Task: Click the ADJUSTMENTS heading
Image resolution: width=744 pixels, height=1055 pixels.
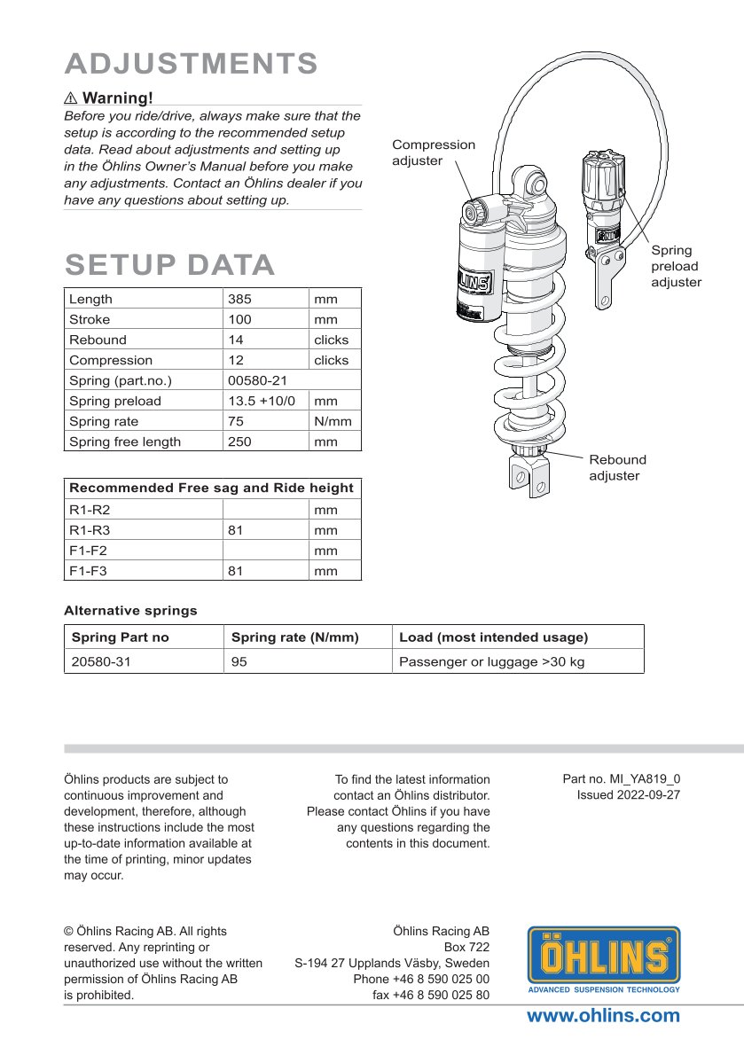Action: pos(191,64)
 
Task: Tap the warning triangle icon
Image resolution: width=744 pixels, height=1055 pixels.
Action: pos(72,98)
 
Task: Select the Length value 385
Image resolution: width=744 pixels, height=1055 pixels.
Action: pos(239,300)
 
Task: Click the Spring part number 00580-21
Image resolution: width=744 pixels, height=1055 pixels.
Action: pos(256,381)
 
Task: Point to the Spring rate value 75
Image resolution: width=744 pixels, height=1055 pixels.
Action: pos(236,422)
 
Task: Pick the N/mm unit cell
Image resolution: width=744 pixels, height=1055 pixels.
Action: pos(333,422)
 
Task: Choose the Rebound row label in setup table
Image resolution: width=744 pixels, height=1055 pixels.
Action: pos(98,340)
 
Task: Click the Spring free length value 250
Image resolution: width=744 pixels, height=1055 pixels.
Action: pos(239,442)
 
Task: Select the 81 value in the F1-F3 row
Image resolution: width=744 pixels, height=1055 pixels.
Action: pos(236,572)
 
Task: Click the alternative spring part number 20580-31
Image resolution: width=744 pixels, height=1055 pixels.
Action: pos(101,661)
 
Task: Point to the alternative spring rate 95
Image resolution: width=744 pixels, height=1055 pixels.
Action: pos(239,661)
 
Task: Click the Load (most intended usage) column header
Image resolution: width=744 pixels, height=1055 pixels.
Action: pos(494,637)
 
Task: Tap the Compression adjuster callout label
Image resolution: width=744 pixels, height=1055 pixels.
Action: pos(434,152)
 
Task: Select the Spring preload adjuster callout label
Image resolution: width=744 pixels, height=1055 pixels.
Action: pos(676,266)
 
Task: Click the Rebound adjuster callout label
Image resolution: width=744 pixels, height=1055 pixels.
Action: pos(618,468)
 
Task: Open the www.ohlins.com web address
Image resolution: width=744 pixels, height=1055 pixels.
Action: pos(603,1016)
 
